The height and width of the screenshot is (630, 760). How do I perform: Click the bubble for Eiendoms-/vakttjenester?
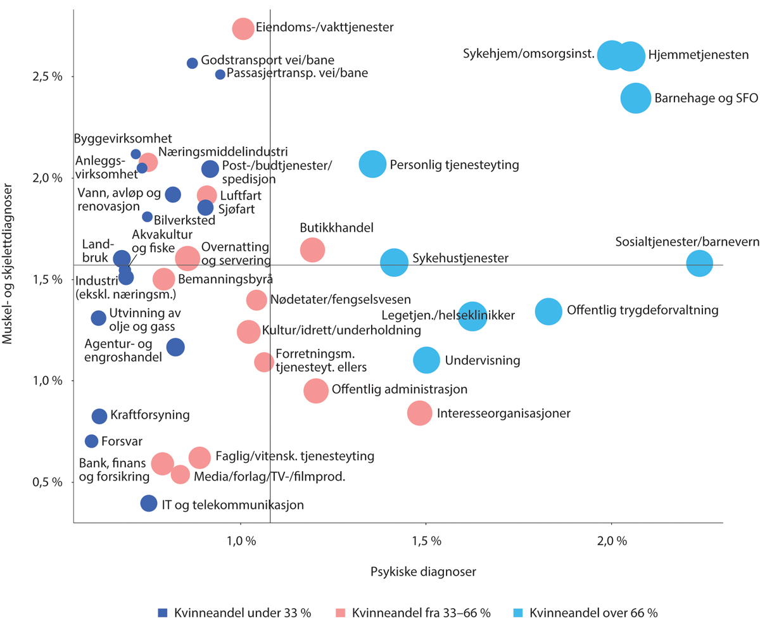(243, 28)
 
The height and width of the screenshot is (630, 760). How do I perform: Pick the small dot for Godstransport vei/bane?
(193, 63)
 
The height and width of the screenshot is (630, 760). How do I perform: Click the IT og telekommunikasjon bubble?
(149, 503)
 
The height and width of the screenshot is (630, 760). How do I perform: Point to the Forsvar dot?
(92, 441)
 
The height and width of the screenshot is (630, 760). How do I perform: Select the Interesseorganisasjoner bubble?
(419, 413)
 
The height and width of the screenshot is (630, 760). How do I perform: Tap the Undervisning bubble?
(427, 360)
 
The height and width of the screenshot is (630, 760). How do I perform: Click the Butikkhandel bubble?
(312, 249)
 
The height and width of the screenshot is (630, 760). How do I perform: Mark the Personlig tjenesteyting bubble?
(372, 164)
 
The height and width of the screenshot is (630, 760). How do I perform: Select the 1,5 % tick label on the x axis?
(426, 541)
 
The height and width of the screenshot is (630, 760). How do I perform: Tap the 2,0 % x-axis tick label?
(611, 541)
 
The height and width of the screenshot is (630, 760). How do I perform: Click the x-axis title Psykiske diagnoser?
(423, 571)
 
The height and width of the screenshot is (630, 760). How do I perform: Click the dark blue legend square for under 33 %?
(163, 612)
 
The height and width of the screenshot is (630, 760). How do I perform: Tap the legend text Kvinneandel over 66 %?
(593, 612)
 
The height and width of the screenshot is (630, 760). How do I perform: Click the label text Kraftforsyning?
(150, 416)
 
